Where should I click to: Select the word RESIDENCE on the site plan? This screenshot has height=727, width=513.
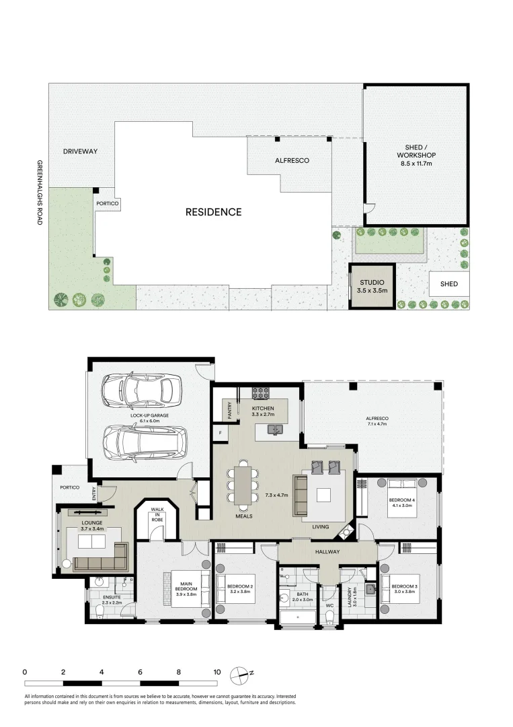click(x=213, y=212)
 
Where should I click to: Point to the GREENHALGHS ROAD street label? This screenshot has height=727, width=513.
click(x=40, y=192)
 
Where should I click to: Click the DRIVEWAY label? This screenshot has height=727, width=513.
click(x=80, y=151)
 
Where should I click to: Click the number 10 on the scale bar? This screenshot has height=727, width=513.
click(x=216, y=672)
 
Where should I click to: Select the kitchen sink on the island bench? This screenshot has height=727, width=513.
click(x=274, y=429)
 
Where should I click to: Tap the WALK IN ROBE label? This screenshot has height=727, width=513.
click(x=157, y=515)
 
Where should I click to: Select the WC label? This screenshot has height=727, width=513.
click(x=329, y=605)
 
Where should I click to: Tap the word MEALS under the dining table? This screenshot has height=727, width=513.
click(x=243, y=517)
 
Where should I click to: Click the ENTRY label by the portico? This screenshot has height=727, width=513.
click(x=95, y=494)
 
